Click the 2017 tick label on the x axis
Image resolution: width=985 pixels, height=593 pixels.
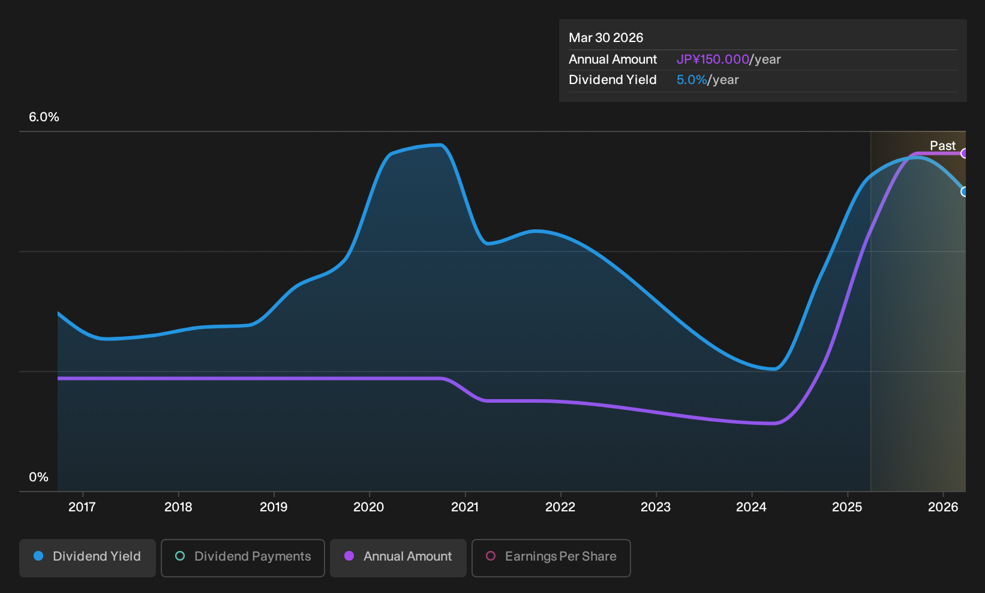click(82, 507)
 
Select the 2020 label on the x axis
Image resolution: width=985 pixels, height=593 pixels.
click(369, 507)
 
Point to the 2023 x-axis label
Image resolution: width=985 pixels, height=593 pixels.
click(656, 507)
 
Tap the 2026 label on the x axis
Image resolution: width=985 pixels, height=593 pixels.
click(943, 507)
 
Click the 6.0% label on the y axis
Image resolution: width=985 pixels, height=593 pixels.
click(44, 117)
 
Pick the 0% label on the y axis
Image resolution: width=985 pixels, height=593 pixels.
click(39, 477)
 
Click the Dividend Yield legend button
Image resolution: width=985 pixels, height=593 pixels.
click(88, 558)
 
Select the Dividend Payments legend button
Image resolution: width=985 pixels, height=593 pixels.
click(243, 558)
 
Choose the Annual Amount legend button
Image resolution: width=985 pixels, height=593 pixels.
click(398, 558)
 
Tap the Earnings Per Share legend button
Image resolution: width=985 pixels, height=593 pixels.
click(551, 558)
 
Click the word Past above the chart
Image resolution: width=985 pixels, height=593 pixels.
click(943, 146)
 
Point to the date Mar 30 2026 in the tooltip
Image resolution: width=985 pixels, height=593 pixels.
click(606, 38)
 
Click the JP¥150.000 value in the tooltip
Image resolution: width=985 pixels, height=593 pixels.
click(713, 59)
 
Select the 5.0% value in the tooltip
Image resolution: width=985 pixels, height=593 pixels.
click(692, 80)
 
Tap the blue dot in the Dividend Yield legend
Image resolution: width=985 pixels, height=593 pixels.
click(39, 556)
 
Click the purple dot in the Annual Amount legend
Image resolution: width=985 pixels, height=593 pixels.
click(349, 556)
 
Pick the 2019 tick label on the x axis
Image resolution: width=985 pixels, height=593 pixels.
click(274, 507)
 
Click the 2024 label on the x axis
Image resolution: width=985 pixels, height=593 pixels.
click(752, 507)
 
